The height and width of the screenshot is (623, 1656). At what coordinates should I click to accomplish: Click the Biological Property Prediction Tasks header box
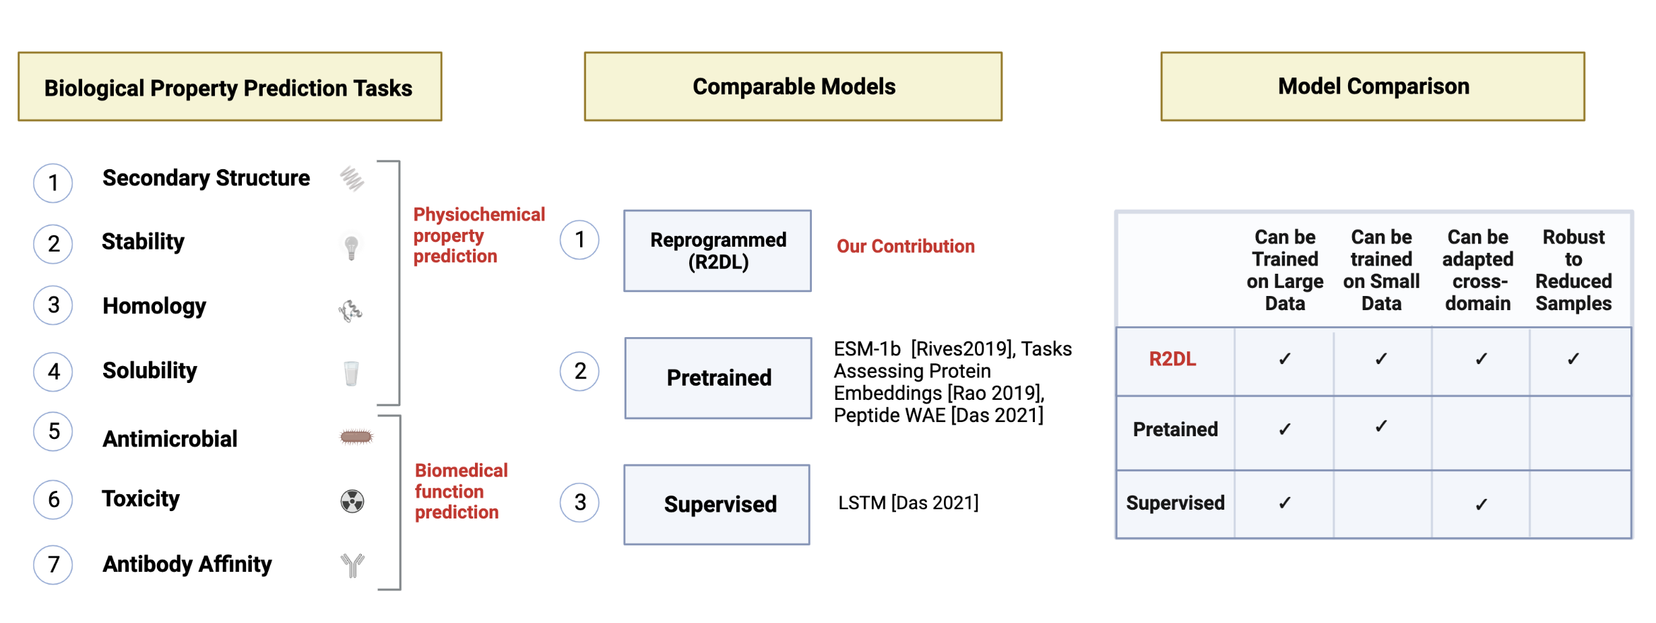click(230, 87)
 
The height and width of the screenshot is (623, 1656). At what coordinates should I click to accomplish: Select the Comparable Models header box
click(793, 87)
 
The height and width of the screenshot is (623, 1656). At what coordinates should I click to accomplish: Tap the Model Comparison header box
click(1373, 87)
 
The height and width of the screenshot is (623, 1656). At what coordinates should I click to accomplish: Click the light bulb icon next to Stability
click(351, 247)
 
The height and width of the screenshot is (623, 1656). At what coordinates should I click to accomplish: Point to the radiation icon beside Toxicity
click(352, 501)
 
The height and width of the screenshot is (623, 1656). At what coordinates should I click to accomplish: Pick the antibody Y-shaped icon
click(352, 565)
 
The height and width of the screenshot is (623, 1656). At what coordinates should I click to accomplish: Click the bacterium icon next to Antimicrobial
click(356, 437)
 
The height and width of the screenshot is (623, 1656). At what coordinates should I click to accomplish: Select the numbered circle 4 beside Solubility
click(53, 372)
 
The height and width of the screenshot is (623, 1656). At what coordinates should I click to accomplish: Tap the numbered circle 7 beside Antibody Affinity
click(53, 564)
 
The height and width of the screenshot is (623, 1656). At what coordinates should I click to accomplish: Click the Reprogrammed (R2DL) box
click(718, 251)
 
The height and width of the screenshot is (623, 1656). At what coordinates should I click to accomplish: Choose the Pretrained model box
click(718, 378)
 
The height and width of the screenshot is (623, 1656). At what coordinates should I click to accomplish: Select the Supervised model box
click(717, 504)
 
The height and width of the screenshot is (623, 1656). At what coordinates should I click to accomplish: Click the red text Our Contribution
click(905, 246)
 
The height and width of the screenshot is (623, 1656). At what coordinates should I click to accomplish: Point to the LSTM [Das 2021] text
click(908, 502)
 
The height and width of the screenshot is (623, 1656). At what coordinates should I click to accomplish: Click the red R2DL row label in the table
click(1172, 359)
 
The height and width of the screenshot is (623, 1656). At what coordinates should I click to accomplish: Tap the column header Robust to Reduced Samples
click(1574, 270)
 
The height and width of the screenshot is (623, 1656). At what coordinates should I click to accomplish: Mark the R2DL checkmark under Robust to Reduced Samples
click(1573, 359)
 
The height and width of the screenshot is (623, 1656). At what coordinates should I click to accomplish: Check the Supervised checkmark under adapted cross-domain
click(1481, 504)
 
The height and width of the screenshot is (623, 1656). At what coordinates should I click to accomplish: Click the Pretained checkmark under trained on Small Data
click(1381, 426)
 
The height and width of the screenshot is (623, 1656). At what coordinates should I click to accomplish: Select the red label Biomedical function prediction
click(461, 492)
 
